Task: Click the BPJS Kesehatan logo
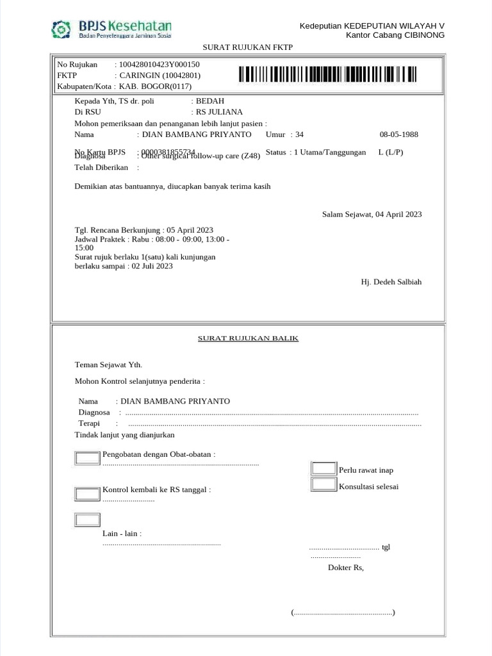pos(111,29)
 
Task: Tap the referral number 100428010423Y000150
pos(159,64)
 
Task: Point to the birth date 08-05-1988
pos(398,135)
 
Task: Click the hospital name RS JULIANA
pos(219,111)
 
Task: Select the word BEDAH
pos(209,101)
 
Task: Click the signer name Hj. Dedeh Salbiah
pos(391,282)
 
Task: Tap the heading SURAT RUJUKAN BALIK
pos(247,338)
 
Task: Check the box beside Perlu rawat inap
pos(324,470)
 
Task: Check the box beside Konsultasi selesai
pos(324,485)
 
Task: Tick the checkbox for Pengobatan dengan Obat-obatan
pos(88,458)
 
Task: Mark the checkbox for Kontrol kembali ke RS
pos(88,494)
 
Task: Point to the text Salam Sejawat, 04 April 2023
pos(372,215)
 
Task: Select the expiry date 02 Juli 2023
pos(152,266)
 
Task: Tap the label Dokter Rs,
pos(345,568)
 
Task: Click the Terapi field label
pos(89,423)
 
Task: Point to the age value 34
pos(299,135)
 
